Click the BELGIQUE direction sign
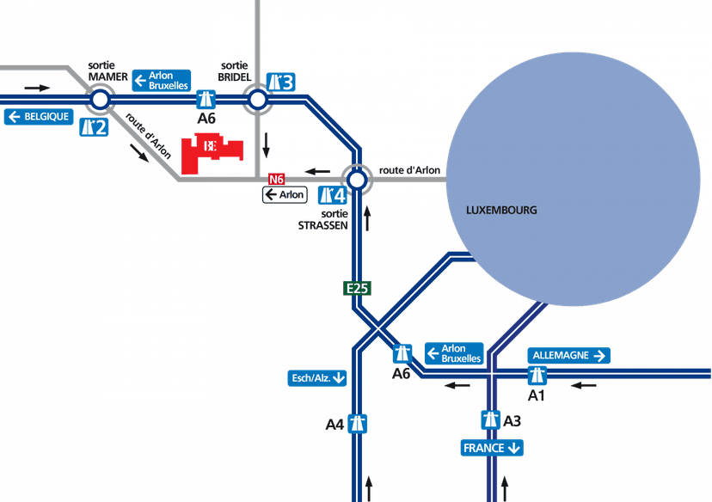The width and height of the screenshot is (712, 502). click(40, 116)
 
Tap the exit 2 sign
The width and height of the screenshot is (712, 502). click(94, 128)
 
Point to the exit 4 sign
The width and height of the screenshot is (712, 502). click(332, 195)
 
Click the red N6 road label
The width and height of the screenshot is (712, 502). click(276, 179)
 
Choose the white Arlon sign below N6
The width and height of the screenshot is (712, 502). click(285, 194)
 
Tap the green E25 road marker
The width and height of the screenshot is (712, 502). click(358, 288)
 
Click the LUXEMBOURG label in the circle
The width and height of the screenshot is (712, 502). click(500, 210)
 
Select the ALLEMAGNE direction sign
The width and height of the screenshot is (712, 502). click(569, 355)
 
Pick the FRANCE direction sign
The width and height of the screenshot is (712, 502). click(492, 448)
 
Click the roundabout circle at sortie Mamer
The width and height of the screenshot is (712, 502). click(100, 101)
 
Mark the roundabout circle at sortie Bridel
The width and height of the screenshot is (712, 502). click(258, 101)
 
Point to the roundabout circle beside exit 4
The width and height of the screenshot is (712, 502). click(358, 180)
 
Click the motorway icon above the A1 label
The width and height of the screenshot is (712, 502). click(537, 376)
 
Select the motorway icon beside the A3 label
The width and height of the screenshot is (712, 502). click(490, 420)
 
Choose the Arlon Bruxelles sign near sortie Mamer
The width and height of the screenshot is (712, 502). click(161, 81)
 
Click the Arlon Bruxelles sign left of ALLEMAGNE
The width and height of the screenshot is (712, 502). click(454, 353)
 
